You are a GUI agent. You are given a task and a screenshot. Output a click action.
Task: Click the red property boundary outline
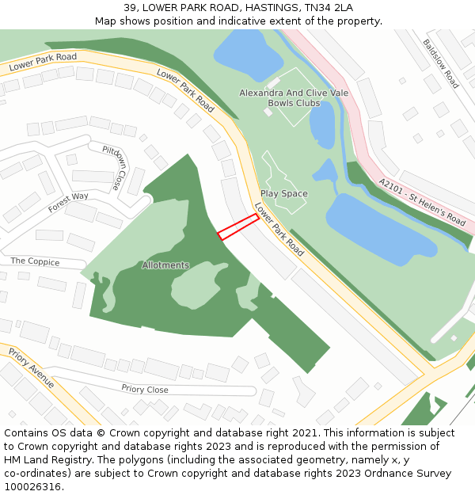[238, 226]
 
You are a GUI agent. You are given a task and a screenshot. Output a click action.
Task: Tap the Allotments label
[165, 265]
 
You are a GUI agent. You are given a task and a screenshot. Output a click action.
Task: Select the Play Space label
[284, 193]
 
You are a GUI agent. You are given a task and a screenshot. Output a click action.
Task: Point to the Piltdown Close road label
[114, 167]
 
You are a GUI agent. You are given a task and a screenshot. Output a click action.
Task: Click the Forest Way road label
[68, 203]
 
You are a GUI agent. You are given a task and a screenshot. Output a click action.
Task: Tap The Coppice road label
[34, 261]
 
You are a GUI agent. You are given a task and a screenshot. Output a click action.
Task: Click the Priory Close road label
[145, 389]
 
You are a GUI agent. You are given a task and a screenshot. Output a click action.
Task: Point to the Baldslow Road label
[440, 63]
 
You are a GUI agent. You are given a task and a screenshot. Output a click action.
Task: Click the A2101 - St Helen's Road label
[423, 201]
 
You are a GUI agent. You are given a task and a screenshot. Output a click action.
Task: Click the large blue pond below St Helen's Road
[380, 226]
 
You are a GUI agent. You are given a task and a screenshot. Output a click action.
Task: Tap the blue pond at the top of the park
[247, 52]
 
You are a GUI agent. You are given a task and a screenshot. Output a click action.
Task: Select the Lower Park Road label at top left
[43, 63]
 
